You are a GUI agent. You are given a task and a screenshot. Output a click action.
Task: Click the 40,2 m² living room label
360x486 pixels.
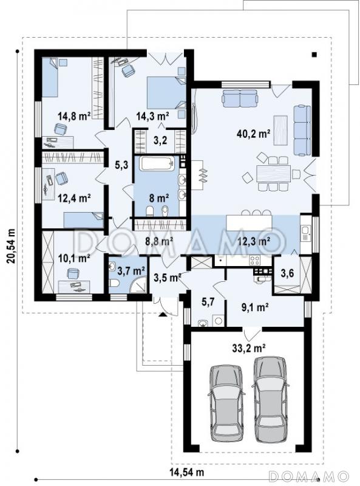[x=253, y=134]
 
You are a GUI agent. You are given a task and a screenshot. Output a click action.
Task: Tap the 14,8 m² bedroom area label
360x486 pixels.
[x=74, y=116]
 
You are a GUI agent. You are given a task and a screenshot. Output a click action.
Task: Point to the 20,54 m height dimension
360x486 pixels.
[x=11, y=246]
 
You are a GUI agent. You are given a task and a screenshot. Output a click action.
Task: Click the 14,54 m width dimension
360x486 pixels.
[x=187, y=473]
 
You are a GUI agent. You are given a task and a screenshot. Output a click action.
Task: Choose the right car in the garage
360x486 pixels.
[x=270, y=400]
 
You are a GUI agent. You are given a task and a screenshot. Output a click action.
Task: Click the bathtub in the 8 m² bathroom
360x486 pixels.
[x=157, y=163]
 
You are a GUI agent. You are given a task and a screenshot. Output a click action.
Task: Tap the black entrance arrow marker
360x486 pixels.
[x=163, y=315]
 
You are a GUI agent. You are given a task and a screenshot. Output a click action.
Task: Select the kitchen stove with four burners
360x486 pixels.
[x=255, y=260]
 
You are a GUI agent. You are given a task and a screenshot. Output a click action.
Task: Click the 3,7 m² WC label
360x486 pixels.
[x=132, y=271]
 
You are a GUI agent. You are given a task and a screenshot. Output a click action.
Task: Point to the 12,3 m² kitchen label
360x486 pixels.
[x=254, y=241]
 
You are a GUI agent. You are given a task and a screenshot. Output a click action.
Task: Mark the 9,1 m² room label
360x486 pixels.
[x=255, y=307]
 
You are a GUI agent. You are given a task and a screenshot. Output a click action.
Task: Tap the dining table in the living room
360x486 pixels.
[x=273, y=173]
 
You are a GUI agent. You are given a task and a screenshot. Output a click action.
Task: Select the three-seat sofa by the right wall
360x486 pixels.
[x=302, y=130]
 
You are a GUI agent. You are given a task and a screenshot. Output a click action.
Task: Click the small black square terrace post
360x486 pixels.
[x=314, y=55]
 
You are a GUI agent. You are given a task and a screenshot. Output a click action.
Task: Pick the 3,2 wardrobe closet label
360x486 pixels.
[x=160, y=140]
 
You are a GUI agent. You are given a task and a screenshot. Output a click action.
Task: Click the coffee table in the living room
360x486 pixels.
[x=280, y=130]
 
